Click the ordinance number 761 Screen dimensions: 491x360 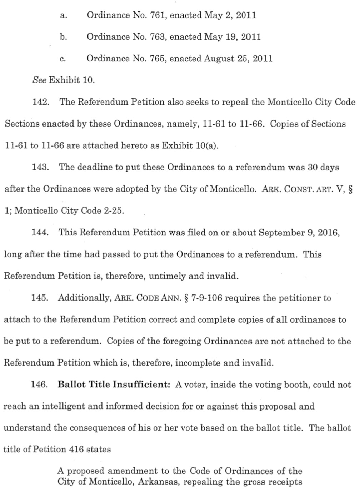point(157,15)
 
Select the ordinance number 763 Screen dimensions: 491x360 point(157,37)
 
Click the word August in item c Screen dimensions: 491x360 point(219,59)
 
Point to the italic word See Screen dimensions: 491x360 point(39,80)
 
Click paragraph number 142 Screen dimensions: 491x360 point(40,102)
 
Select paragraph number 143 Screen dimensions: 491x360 point(40,167)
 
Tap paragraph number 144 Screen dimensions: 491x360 point(40,233)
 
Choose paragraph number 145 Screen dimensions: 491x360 point(40,298)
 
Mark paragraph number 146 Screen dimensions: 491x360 point(40,385)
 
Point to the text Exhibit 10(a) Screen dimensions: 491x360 point(190,146)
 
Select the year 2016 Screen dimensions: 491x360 point(327,233)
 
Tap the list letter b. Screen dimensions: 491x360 point(63,37)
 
